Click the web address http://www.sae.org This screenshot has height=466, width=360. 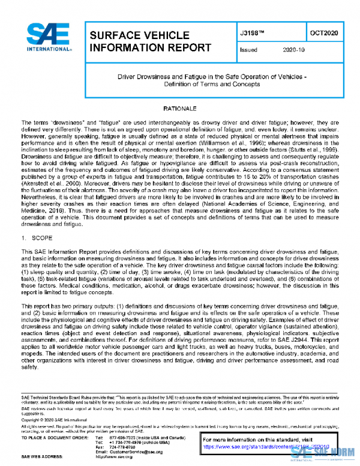click(125, 458)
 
